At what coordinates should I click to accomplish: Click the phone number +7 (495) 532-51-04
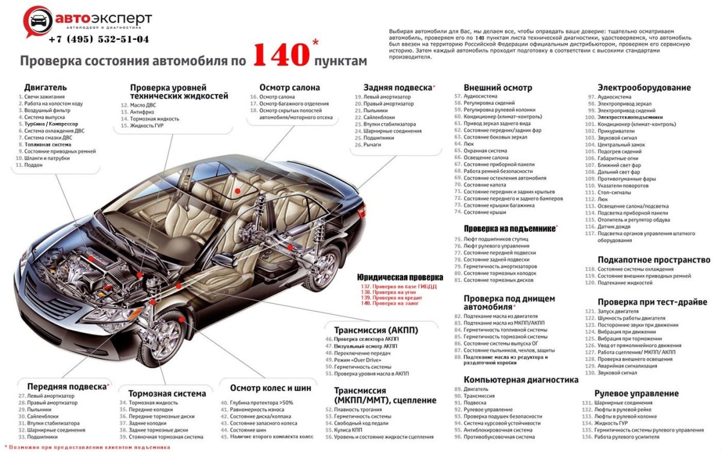coord(99,39)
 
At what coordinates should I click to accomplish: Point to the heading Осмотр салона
coord(289,87)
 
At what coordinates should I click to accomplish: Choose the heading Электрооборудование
coord(644,87)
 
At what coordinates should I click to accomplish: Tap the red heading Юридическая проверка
coord(400,277)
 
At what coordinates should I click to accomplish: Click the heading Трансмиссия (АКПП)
coord(376,330)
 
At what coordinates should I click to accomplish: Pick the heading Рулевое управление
coord(637,394)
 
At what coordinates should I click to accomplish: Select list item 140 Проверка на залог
coord(397,303)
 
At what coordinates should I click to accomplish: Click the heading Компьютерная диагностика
coord(521,380)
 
